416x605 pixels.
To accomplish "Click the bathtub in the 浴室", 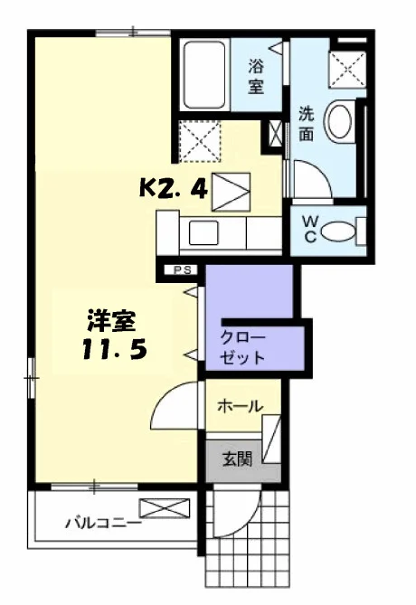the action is pos(204,75).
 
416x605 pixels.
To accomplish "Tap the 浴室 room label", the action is pos(256,76).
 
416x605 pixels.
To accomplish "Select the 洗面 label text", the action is pos(307,124).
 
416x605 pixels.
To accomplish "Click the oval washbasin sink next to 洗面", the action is pos(340,120).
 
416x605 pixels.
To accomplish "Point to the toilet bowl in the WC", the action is pos(337,232).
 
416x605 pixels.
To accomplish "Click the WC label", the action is pos(311,229).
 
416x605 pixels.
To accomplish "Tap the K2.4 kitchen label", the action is pos(174,189).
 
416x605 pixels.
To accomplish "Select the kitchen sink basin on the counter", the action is pos(203,232).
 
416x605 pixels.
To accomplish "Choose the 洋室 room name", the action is pos(112,321).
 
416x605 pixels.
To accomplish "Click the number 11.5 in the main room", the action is pos(115,350).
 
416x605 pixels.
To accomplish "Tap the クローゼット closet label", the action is pos(242,347).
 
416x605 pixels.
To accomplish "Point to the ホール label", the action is pos(240,406).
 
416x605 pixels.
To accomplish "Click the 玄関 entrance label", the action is pos(237,459).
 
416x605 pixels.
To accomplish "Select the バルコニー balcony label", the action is pos(103,524).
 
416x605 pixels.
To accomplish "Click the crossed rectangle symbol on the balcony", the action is pos(165,508).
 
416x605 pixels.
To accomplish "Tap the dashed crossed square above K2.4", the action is pos(200,141).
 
